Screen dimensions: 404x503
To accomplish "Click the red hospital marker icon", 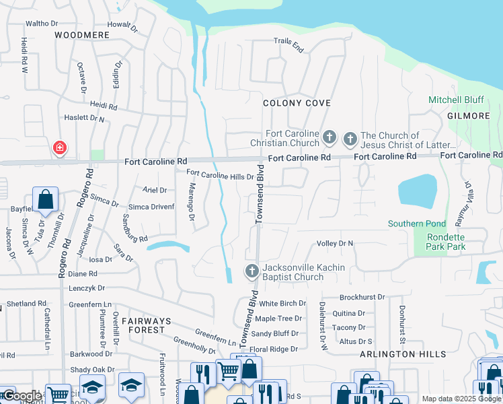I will (60, 147).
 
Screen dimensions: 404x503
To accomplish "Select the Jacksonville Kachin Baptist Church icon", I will (251, 272).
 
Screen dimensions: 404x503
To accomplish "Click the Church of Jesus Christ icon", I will (350, 139).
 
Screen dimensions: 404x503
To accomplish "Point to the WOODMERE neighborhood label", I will (81, 34).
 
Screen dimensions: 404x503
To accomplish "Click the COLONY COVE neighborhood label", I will (297, 103).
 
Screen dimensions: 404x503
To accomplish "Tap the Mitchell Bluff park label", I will (456, 100).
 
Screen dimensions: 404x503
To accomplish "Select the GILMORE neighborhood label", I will (469, 116).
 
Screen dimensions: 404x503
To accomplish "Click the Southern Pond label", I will (416, 224).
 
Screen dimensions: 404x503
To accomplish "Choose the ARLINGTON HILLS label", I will (403, 354).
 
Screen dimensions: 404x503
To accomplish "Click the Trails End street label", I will (289, 44).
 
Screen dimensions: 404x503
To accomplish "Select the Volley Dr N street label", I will (344, 243).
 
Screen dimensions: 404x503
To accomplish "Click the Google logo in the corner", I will (22, 395).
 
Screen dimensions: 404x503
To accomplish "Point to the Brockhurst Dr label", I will (362, 297).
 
